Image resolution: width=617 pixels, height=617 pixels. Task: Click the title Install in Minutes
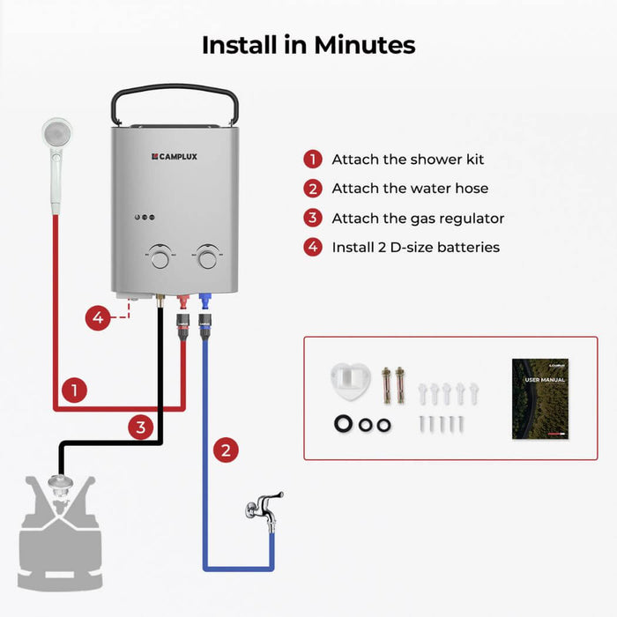308,44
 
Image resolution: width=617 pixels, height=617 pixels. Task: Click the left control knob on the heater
160,256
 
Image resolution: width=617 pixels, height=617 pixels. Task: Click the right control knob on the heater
207,256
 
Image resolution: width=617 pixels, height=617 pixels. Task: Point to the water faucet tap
264,508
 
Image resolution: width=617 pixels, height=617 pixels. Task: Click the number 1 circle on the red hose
75,390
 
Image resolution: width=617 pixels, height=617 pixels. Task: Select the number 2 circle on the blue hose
227,450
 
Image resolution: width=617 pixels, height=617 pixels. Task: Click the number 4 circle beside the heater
99,317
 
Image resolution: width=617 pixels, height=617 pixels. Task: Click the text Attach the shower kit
407,160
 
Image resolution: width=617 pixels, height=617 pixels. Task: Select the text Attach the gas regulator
418,218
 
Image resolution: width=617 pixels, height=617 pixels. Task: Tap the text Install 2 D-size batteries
415,248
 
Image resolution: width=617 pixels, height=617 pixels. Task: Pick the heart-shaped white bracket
351,380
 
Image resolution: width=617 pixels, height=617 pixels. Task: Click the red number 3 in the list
312,218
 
